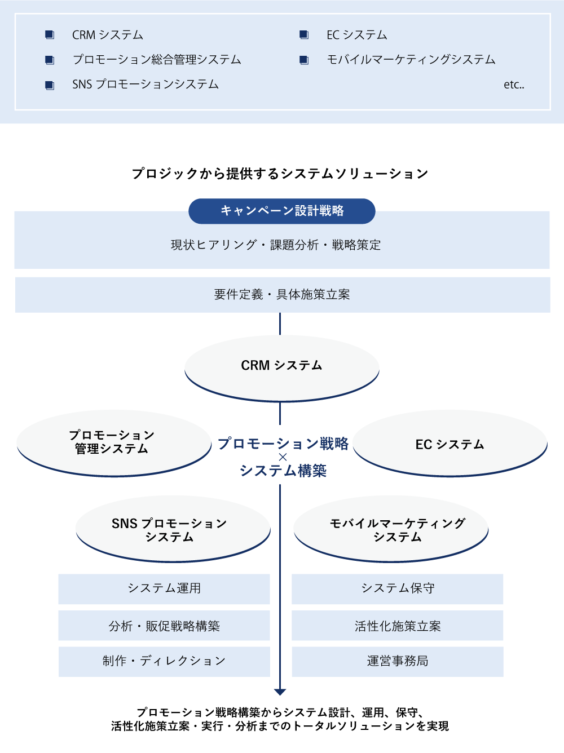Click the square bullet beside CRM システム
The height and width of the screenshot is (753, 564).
[50, 34]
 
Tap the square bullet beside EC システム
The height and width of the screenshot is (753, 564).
[304, 34]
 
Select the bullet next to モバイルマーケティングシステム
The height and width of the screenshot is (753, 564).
[304, 60]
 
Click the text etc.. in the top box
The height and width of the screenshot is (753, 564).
[514, 85]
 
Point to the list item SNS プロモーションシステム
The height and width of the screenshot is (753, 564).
[145, 85]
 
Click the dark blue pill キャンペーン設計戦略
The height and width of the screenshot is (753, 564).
[282, 211]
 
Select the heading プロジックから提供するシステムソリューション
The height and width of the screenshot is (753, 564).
[280, 173]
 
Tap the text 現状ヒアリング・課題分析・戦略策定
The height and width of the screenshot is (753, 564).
[276, 245]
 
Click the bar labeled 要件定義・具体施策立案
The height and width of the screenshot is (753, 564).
[283, 295]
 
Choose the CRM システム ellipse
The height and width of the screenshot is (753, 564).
[282, 368]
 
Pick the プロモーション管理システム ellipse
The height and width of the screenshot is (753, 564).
[114, 443]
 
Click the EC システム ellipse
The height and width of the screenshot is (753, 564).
[450, 443]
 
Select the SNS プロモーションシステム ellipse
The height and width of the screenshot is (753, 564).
[173, 529]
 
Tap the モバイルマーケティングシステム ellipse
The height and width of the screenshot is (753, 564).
[391, 529]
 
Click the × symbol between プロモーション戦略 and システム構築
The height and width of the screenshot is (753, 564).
[283, 457]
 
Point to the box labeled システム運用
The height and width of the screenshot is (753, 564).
[164, 589]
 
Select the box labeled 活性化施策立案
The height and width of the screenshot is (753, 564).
[398, 626]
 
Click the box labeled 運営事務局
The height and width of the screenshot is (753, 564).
[398, 662]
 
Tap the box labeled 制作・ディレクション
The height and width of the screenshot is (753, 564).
[164, 662]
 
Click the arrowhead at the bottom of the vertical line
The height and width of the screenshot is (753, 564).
[280, 692]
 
